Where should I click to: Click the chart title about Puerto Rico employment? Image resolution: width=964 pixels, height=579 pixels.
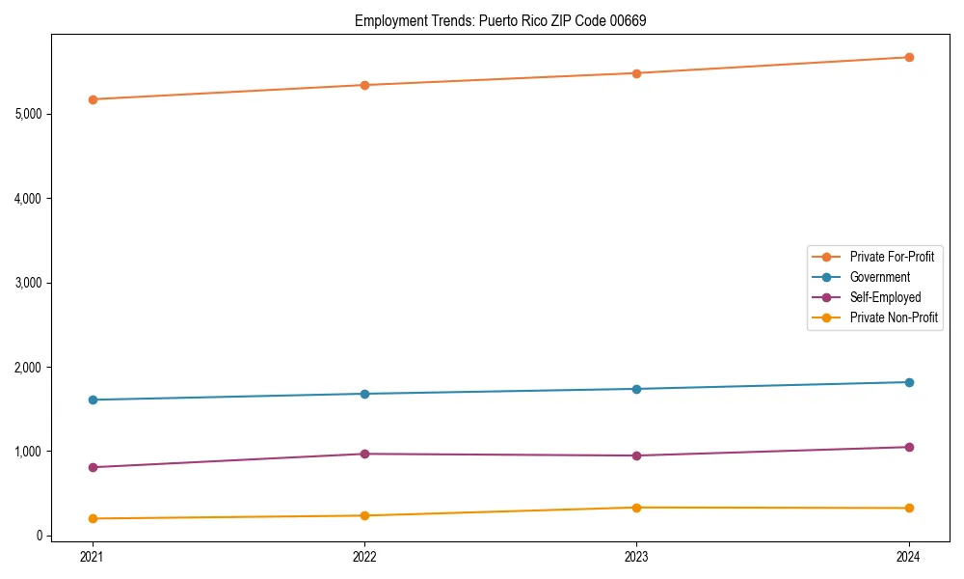[500, 20]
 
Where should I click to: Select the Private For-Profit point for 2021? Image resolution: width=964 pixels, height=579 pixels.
[93, 99]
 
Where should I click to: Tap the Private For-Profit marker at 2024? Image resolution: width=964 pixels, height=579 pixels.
[909, 57]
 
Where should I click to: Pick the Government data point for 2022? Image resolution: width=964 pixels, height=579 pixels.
[364, 394]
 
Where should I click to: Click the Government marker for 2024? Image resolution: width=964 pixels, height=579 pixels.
[909, 382]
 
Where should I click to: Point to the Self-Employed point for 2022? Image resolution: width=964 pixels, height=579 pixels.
[364, 454]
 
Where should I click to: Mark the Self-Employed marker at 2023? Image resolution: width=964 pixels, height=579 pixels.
[636, 455]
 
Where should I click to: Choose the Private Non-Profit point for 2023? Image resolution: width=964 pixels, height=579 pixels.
[636, 508]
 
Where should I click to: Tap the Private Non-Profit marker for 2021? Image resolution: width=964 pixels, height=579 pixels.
[93, 518]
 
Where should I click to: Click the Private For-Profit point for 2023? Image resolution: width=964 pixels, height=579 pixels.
[636, 73]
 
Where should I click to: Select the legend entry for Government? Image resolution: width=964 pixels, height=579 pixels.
[879, 277]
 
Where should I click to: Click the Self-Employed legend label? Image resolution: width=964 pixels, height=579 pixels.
[885, 297]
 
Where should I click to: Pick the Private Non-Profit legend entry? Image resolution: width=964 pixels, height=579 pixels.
[894, 317]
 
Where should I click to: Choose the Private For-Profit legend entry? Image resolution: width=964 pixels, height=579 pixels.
[891, 257]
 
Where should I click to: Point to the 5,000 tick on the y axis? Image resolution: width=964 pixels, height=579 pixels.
[28, 114]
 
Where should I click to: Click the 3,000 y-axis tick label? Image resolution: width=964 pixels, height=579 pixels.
[28, 283]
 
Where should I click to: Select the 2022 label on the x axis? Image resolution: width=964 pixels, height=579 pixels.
[364, 556]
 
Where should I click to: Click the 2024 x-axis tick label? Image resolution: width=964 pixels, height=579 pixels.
[909, 556]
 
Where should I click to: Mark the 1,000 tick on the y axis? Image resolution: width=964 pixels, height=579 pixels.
[28, 452]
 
